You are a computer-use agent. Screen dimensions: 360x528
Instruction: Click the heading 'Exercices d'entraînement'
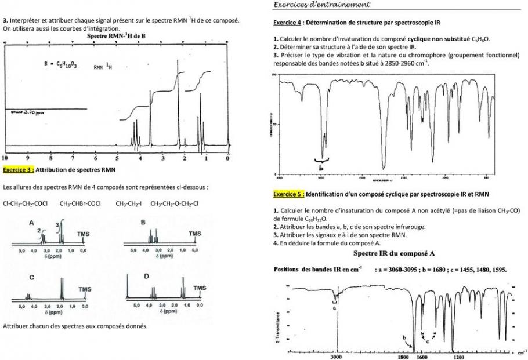(x=321, y=5)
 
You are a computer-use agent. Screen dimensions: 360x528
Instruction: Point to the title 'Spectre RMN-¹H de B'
(x=120, y=36)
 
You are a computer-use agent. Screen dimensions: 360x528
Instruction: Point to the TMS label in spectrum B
(x=194, y=234)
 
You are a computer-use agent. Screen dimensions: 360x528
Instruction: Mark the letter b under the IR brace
(x=323, y=168)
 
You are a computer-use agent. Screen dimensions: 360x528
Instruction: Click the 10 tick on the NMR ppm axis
(x=5, y=158)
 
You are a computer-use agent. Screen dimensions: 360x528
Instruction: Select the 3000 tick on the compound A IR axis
(x=336, y=357)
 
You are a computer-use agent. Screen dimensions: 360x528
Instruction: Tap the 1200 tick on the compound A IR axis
(x=458, y=357)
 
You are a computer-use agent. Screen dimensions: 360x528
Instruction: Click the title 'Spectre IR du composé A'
(x=394, y=254)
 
